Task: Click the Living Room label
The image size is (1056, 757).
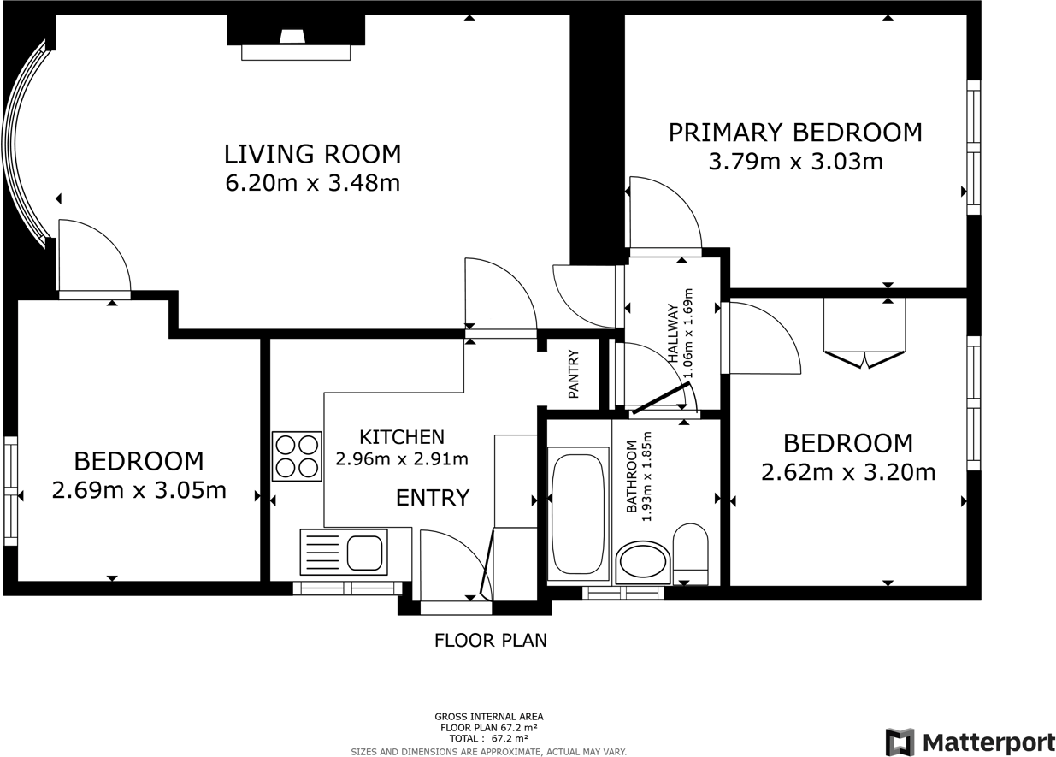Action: coord(312,154)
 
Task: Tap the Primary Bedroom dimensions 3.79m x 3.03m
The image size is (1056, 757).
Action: coord(795,161)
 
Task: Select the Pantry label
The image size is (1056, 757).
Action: coord(574,374)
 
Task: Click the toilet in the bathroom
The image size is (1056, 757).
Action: coord(690,553)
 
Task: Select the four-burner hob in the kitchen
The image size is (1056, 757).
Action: coord(297,456)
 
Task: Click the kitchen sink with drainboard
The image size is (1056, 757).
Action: coord(342,551)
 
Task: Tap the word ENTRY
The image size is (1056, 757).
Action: coord(432,497)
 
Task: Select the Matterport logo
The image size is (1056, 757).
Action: coord(969,741)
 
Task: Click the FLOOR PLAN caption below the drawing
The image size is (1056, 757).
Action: coord(490,640)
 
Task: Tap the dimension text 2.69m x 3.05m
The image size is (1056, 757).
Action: coord(139,490)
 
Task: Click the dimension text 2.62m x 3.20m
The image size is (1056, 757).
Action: coord(847,472)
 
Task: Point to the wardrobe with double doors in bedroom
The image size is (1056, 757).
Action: coord(864,329)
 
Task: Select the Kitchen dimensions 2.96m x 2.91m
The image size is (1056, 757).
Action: coord(401,459)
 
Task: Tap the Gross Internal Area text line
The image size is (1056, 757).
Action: coord(488,717)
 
